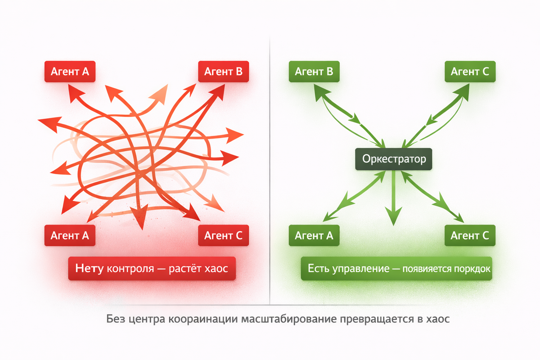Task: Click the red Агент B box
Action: pyautogui.click(x=223, y=72)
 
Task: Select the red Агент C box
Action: pyautogui.click(x=223, y=235)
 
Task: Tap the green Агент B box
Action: pyautogui.click(x=314, y=72)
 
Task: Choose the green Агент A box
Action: pyautogui.click(x=314, y=235)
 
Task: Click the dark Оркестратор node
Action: pyautogui.click(x=394, y=159)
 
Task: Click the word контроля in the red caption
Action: pyautogui.click(x=128, y=269)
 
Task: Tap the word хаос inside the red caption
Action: pyautogui.click(x=217, y=269)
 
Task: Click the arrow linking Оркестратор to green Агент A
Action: pyautogui.click(x=355, y=196)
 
